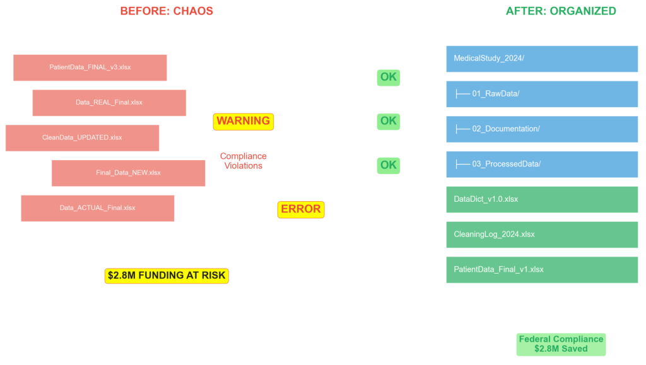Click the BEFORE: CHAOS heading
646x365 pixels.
[x=167, y=11]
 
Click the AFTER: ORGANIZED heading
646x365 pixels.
[x=561, y=11]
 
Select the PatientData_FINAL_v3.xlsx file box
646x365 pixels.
[x=90, y=67]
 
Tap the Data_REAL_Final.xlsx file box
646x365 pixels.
[x=109, y=103]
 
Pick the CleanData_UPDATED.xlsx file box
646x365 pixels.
[x=82, y=138]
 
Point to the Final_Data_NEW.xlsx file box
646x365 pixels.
[x=128, y=173]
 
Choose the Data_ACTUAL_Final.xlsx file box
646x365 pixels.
[x=97, y=208]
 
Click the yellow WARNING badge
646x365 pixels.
[x=244, y=121]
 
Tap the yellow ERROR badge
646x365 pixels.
[x=301, y=209]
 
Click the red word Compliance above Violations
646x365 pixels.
[x=244, y=156]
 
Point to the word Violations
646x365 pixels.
[x=244, y=166]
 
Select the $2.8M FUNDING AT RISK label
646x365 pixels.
[x=167, y=275]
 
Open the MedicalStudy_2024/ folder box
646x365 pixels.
[x=542, y=59]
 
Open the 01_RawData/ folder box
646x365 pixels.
[x=542, y=94]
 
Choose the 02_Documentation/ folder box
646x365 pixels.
[x=542, y=129]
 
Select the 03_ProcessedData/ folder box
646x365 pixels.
[x=542, y=164]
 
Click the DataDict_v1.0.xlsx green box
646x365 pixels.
[x=542, y=199]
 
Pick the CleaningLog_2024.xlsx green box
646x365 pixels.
[x=542, y=235]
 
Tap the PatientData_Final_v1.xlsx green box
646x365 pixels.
[x=542, y=270]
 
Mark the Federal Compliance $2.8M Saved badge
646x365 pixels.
[x=561, y=344]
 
